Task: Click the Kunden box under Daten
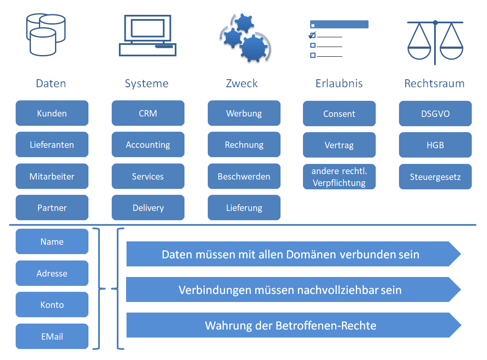pos(52,113)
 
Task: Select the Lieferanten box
pos(52,144)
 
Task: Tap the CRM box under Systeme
pos(148,113)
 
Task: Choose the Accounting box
pos(148,144)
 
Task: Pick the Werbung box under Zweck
pos(244,113)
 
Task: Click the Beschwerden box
pos(244,176)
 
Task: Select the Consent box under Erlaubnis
pos(339,114)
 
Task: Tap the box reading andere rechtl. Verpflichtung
pos(339,177)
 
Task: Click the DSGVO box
pos(435,114)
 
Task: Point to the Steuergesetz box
pos(435,177)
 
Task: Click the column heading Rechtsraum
pos(434,83)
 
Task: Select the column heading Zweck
pos(242,83)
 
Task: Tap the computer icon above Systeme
pos(147,36)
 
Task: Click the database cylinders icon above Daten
pos(46,34)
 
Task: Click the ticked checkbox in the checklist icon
pos(313,35)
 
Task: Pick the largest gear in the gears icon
pos(254,47)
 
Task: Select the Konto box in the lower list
pos(52,305)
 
